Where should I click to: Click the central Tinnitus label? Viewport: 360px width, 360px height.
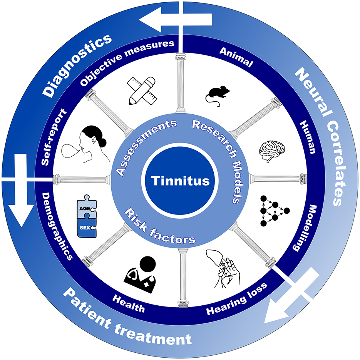[180, 180]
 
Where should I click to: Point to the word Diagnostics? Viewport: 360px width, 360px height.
[77, 64]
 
